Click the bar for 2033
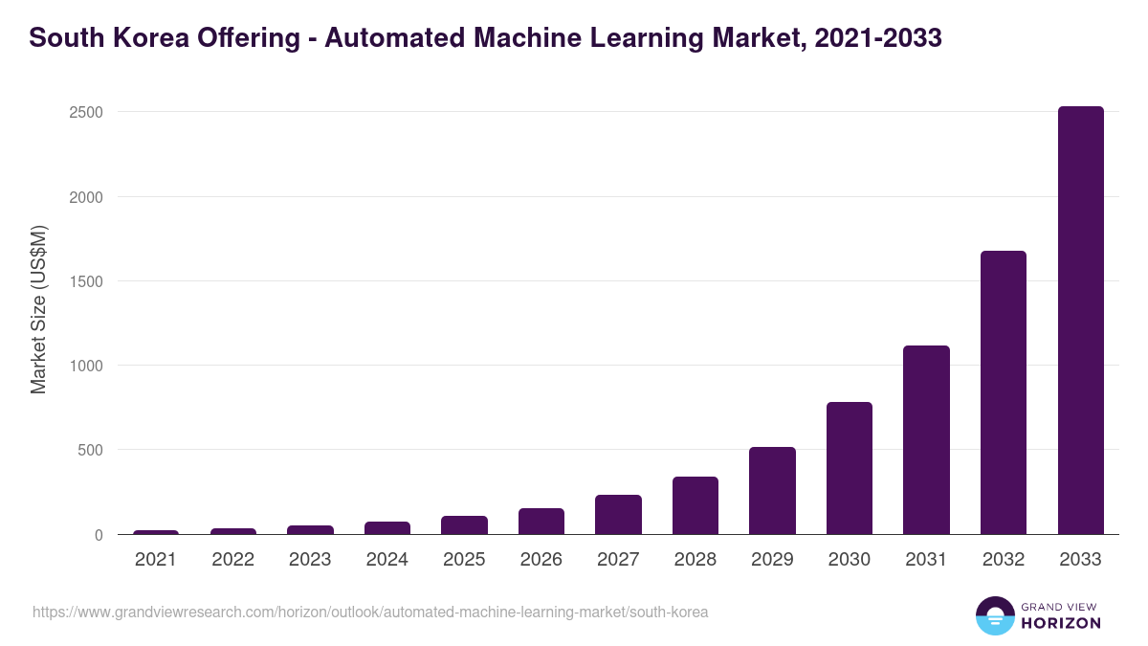point(1080,321)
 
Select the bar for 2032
point(1004,392)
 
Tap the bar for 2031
point(926,440)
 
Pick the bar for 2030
point(850,468)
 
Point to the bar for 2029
point(772,491)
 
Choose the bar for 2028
point(695,505)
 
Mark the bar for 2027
point(618,515)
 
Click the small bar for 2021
point(156,532)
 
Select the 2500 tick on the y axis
point(85,113)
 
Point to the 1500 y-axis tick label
point(85,281)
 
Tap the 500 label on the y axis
point(90,451)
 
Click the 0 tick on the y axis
point(98,535)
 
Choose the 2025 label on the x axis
point(464,560)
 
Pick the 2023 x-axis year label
point(310,560)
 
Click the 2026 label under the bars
point(541,560)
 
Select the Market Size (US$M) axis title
point(38,309)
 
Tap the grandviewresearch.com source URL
point(370,612)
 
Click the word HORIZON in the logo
point(1061,623)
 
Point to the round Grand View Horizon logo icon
point(995,615)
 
